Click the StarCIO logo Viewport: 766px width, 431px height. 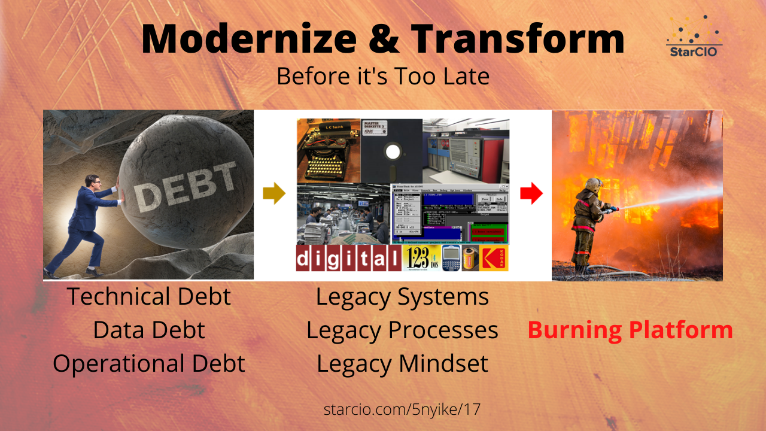pyautogui.click(x=694, y=37)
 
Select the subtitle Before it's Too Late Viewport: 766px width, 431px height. pyautogui.click(x=383, y=76)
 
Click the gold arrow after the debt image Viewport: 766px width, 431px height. pyautogui.click(x=274, y=194)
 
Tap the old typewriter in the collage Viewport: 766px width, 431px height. pyautogui.click(x=328, y=150)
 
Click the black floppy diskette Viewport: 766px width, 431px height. pyautogui.click(x=392, y=150)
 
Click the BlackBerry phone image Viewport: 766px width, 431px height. pyautogui.click(x=451, y=259)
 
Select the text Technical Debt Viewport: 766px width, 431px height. pyautogui.click(x=148, y=296)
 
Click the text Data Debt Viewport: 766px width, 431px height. pyautogui.click(x=148, y=330)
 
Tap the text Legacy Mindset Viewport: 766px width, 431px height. pyautogui.click(x=402, y=363)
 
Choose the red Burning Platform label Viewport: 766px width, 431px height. pyautogui.click(x=630, y=330)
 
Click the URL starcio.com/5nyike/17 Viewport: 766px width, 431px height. pyautogui.click(x=402, y=410)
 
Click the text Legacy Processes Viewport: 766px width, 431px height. pyautogui.click(x=402, y=330)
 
